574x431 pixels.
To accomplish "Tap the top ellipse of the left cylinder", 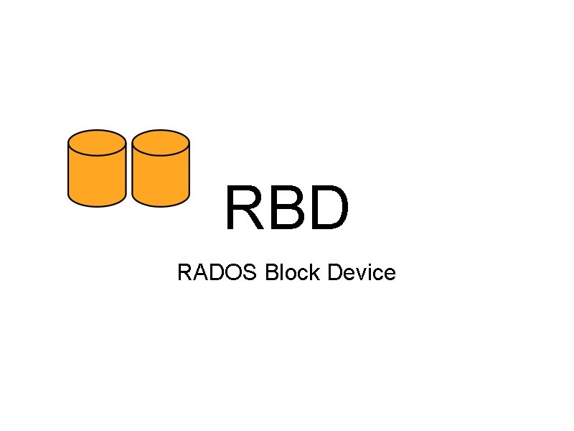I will click(97, 142).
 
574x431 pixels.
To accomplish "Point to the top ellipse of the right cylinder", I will click(161, 142).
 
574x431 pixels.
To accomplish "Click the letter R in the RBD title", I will click(244, 208).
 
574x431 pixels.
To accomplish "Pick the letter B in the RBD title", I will click(287, 208).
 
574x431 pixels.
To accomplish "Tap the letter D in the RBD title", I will click(328, 208).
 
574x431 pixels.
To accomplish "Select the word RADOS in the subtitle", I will click(218, 273).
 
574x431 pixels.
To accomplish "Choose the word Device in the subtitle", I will click(362, 273).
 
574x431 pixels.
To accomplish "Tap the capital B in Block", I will click(271, 273).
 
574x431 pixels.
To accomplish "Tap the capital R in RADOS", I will click(184, 273).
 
